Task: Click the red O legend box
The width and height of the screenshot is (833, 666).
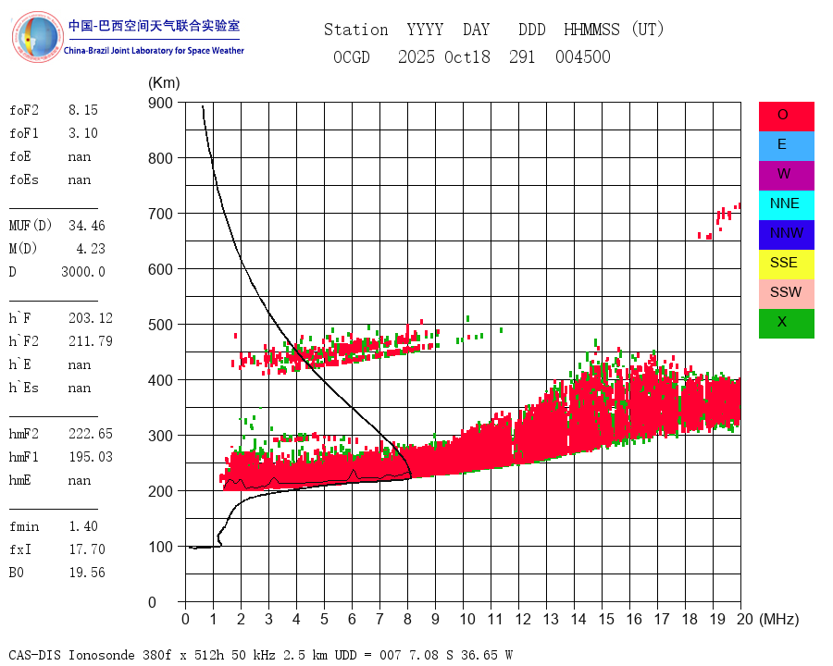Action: (x=786, y=116)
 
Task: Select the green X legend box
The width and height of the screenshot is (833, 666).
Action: (x=786, y=323)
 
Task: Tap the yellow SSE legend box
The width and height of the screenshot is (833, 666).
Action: (x=786, y=264)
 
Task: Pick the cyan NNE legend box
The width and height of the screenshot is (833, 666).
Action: (x=786, y=204)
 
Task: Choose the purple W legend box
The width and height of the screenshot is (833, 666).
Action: (x=786, y=175)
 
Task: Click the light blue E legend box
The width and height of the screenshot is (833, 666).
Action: (x=786, y=145)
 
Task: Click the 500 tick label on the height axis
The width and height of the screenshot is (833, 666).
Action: (x=161, y=325)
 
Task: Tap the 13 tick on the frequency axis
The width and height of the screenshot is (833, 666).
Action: (x=550, y=619)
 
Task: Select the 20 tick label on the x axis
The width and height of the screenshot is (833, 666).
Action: (x=740, y=619)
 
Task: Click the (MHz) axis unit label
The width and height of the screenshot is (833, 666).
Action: (x=778, y=619)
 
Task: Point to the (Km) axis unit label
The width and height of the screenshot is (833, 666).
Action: (x=164, y=83)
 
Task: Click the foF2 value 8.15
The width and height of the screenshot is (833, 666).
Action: (x=82, y=110)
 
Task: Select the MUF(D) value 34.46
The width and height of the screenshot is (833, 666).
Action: (x=86, y=226)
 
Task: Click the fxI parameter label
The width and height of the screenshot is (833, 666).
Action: (x=22, y=549)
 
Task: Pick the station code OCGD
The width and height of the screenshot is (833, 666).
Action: (x=351, y=57)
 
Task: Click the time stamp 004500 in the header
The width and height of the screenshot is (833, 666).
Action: (x=582, y=57)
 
